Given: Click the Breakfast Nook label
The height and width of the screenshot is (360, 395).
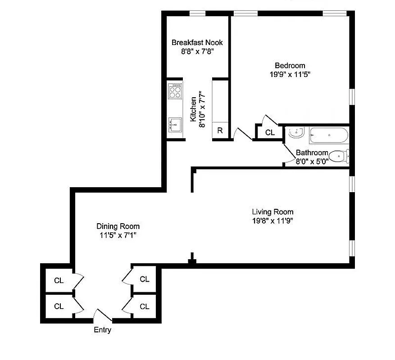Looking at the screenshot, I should [197, 43].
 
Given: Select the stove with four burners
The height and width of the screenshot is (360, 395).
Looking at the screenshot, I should [174, 92].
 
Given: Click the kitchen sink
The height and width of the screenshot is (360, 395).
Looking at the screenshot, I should [174, 123].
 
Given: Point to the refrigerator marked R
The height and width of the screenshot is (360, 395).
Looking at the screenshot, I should [220, 131].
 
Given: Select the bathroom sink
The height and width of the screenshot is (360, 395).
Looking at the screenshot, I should [296, 133].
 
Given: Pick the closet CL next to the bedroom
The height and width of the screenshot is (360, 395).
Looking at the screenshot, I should [269, 132].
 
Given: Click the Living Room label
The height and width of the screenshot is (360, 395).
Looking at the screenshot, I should [272, 212].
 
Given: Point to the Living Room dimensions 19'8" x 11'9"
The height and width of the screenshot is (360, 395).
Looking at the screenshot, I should [272, 220].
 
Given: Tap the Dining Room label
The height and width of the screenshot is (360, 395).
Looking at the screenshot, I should [118, 226].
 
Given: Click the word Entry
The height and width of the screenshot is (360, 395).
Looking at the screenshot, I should [102, 330].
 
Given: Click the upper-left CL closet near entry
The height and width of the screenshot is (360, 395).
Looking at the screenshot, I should [59, 280].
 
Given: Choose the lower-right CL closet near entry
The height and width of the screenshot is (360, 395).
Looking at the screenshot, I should [144, 306].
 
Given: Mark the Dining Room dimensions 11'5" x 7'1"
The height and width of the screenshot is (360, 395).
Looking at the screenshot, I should [118, 235].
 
